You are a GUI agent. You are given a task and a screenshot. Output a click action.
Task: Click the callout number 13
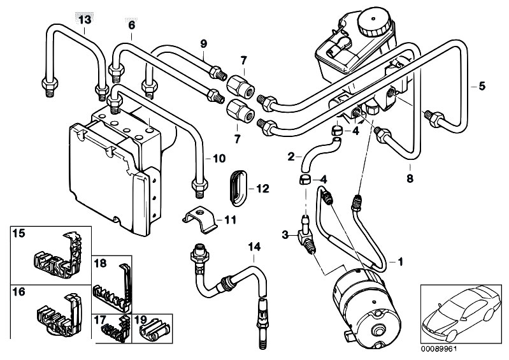click(85, 20)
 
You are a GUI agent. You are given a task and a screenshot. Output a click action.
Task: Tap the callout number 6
click(131, 25)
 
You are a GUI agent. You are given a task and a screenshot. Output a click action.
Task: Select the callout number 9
click(203, 44)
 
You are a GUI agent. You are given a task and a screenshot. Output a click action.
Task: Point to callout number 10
click(219, 159)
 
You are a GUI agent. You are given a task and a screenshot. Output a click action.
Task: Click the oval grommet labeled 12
click(240, 188)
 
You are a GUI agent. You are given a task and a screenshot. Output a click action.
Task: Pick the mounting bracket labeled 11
click(200, 220)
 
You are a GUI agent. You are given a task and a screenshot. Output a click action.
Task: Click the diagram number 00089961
click(438, 350)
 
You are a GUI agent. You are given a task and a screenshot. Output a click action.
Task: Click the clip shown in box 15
click(57, 256)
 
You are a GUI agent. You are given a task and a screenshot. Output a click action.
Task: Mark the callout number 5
click(482, 87)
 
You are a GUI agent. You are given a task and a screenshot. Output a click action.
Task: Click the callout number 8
click(410, 178)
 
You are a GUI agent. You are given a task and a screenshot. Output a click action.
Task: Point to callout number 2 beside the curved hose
click(291, 157)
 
